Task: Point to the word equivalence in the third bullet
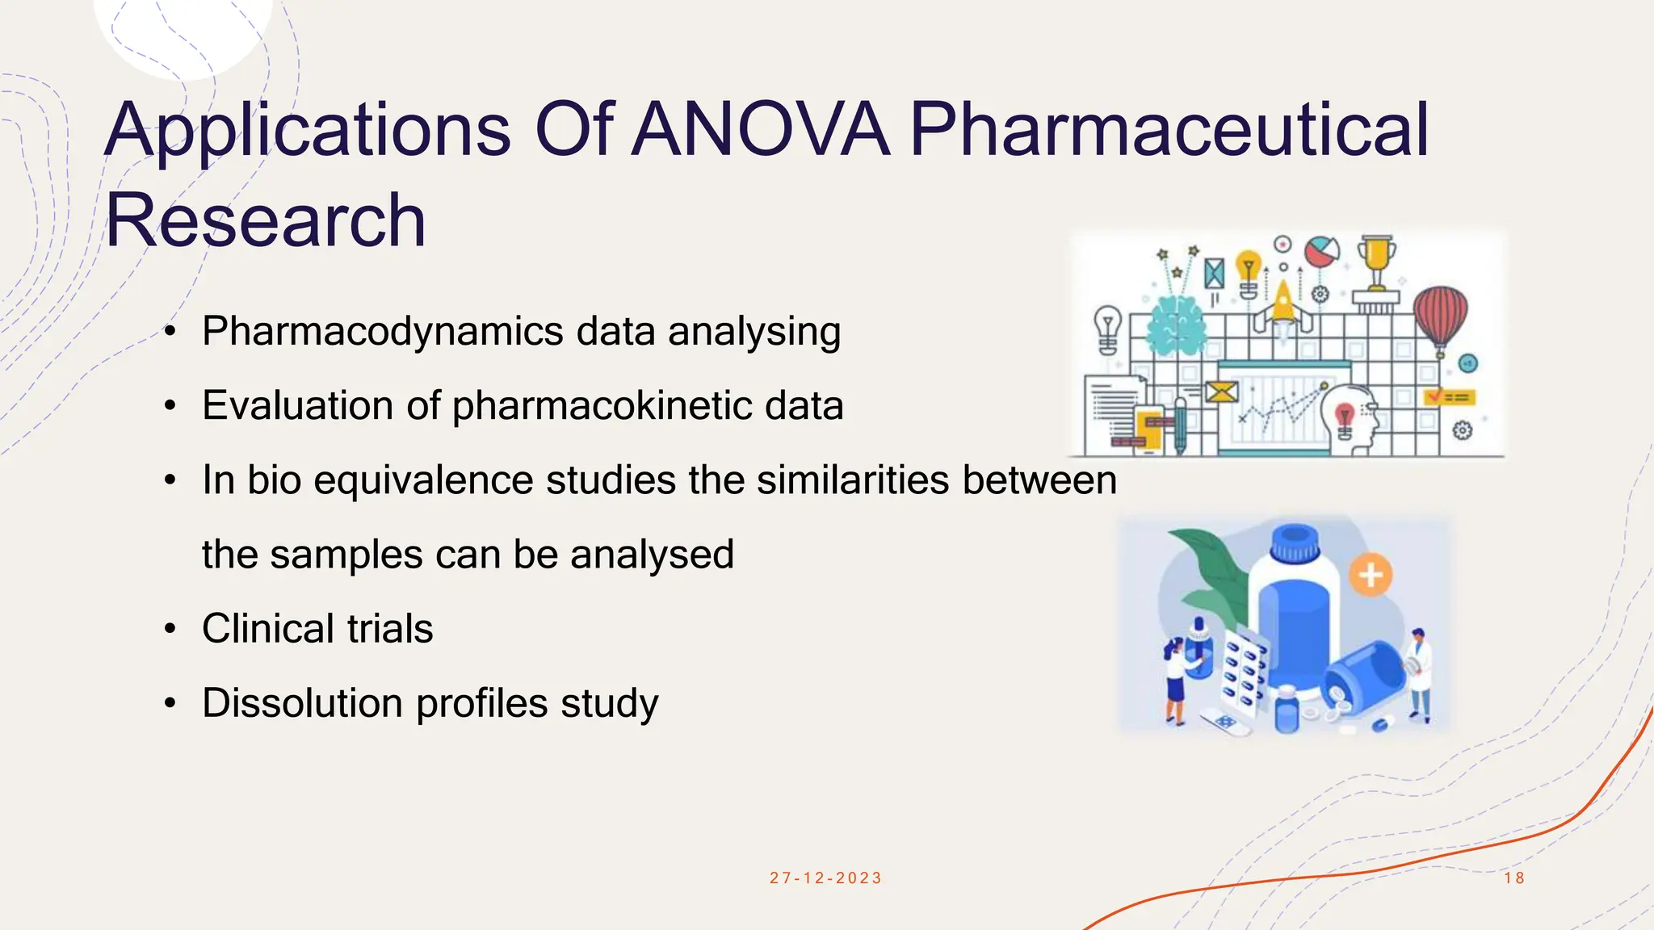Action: point(423,480)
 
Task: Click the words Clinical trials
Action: point(317,628)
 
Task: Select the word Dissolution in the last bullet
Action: point(302,702)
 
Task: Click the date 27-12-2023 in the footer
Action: point(825,878)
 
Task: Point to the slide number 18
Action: point(1514,878)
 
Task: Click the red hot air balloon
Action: point(1440,317)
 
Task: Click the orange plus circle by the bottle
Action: point(1371,576)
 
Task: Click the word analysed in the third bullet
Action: point(652,555)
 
